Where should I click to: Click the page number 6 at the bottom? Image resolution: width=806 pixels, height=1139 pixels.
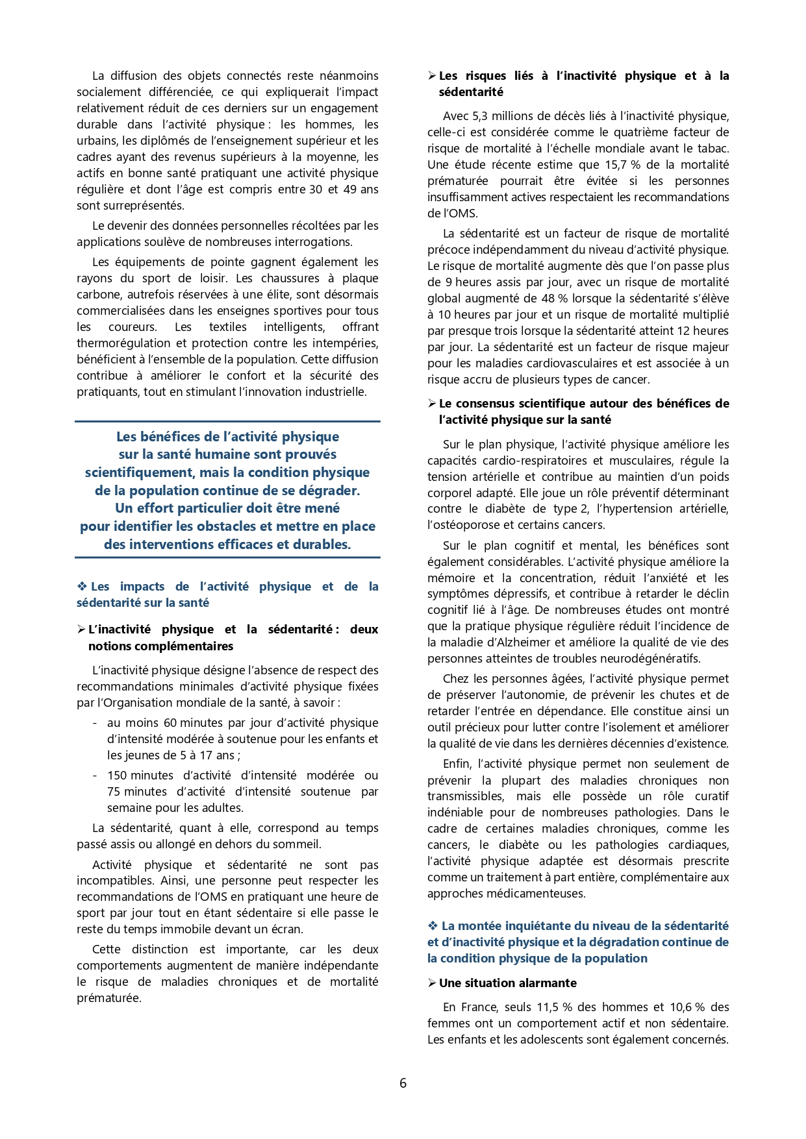[x=403, y=1083]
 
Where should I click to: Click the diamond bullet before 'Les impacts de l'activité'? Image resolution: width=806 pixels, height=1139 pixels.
[x=82, y=587]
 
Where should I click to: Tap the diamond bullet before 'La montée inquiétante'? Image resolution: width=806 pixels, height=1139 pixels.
[x=433, y=926]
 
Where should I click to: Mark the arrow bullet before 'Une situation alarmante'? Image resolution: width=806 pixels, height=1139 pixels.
[x=432, y=983]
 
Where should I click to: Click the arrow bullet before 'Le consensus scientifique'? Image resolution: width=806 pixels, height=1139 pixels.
[x=432, y=404]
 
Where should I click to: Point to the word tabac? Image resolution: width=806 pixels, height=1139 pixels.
[x=713, y=149]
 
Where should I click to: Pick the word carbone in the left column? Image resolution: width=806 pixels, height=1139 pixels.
[x=97, y=295]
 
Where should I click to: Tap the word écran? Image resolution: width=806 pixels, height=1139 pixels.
[x=286, y=929]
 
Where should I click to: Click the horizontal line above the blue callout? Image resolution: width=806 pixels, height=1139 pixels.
[x=227, y=421]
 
